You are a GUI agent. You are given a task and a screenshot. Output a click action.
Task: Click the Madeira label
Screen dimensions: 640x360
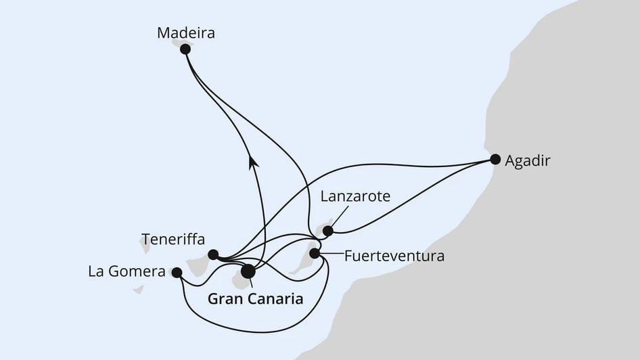[x=185, y=32]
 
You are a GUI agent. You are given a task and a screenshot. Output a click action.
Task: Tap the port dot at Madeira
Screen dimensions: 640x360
[x=185, y=49]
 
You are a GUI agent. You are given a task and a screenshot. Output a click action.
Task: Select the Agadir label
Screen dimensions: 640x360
[x=528, y=161]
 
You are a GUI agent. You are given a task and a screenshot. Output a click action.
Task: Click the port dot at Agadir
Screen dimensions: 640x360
[x=495, y=160]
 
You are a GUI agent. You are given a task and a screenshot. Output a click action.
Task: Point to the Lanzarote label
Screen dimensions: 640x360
[x=355, y=197]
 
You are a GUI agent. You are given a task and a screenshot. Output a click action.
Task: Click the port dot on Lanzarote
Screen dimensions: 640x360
[x=328, y=231]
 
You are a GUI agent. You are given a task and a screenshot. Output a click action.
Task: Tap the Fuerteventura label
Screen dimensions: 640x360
[x=394, y=256]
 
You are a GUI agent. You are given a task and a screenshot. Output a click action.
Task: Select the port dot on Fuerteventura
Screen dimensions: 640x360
[x=315, y=254]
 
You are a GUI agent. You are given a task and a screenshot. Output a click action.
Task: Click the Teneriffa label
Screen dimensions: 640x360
[x=173, y=239]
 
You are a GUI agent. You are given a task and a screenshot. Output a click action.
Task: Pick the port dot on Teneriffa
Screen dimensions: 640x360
[x=213, y=254]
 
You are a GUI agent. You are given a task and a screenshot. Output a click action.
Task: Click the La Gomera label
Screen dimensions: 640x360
[x=127, y=271]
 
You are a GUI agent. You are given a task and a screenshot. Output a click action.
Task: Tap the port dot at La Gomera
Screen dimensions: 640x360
[x=177, y=272]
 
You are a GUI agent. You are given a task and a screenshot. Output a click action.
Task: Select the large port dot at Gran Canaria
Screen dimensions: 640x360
[x=248, y=271]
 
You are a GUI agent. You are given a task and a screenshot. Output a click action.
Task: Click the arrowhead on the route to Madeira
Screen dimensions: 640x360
[x=254, y=161]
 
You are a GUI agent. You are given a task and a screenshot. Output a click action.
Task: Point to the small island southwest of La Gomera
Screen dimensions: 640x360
[x=138, y=289]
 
